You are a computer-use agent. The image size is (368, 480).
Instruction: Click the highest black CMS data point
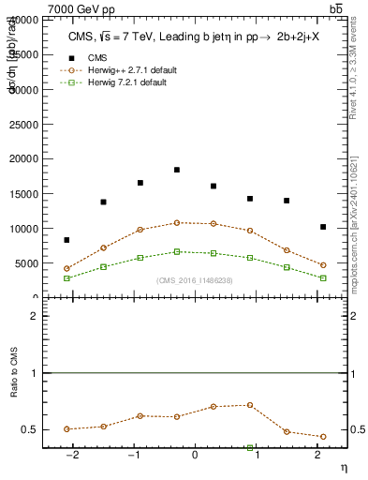pos(177,170)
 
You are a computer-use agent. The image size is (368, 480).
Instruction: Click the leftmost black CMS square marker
pos(66,240)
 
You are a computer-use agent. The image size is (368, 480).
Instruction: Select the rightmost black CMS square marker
pos(323,227)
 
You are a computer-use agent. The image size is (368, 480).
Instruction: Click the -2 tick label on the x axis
pos(70,457)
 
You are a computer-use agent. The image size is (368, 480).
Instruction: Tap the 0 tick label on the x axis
pos(195,457)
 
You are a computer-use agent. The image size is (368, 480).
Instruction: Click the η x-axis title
pos(344,467)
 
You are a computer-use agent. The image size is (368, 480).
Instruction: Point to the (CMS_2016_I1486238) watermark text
pos(195,280)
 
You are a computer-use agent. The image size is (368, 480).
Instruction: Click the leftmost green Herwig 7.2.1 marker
pos(66,278)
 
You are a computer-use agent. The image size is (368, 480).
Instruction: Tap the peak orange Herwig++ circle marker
pos(177,223)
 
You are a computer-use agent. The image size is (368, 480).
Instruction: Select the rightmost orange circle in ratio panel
pos(323,437)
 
